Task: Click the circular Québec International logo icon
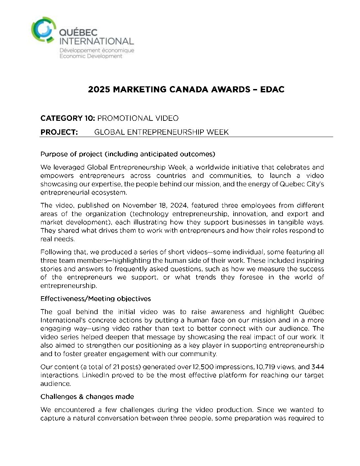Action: click(42, 30)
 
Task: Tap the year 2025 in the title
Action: click(99, 89)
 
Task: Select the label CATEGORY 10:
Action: click(68, 118)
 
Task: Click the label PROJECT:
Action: click(59, 132)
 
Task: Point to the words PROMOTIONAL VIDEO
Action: click(138, 118)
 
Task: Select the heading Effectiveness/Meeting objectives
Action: click(96, 299)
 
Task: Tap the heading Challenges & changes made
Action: click(87, 396)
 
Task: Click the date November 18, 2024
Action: click(156, 205)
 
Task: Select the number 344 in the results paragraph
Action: click(318, 367)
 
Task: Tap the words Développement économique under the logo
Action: click(97, 50)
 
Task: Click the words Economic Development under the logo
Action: click(91, 56)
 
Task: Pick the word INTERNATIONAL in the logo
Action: click(96, 41)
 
